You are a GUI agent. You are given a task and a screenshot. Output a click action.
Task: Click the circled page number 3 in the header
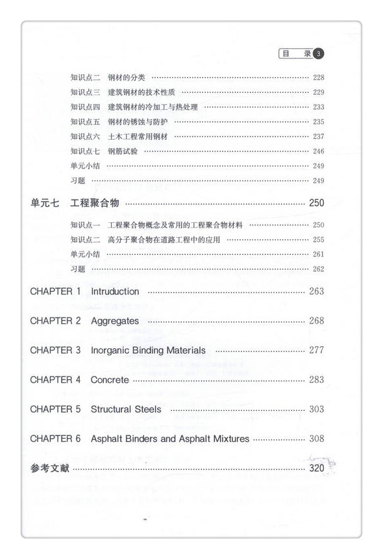(x=319, y=53)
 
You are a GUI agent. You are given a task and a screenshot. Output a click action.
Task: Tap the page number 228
(x=318, y=77)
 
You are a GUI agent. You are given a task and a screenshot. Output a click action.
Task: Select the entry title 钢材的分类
(x=127, y=77)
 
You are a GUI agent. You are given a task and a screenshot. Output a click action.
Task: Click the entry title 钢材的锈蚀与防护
(x=138, y=122)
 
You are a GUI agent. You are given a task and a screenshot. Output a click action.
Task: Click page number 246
(x=318, y=151)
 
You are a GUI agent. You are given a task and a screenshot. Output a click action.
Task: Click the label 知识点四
(x=85, y=107)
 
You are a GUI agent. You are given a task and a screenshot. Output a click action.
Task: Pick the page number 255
(x=318, y=240)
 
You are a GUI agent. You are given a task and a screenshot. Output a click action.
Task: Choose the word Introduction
(x=115, y=291)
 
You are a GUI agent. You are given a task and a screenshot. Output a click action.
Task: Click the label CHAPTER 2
(x=55, y=320)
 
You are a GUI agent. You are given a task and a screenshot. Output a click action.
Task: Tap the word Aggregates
(x=115, y=320)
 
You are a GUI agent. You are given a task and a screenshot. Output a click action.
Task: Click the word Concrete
(x=110, y=380)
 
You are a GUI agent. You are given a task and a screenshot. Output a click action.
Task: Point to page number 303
(x=316, y=409)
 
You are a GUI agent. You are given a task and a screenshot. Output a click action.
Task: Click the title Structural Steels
(x=126, y=409)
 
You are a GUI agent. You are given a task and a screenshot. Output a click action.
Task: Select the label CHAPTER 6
(x=55, y=439)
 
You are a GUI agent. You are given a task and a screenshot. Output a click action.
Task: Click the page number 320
(x=316, y=468)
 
